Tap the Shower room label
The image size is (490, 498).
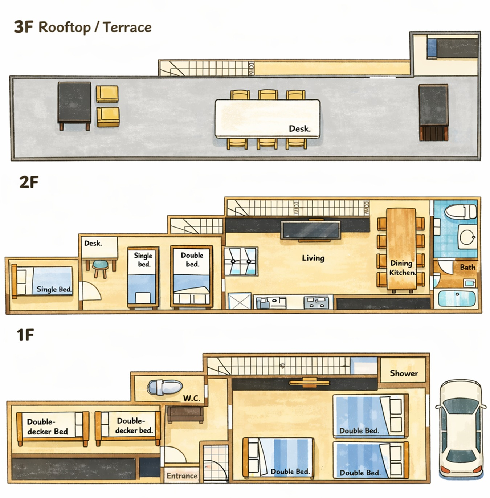point(404,373)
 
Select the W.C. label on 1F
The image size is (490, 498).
point(192,398)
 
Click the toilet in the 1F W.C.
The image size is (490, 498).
point(165,387)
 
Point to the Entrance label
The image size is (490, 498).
point(182,476)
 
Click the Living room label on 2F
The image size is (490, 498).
point(313,258)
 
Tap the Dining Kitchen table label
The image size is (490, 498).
point(402,268)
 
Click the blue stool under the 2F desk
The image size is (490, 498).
point(100,269)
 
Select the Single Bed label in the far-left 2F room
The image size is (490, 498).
point(54,289)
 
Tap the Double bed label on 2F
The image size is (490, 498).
point(192,260)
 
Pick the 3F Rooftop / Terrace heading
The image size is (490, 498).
point(83,27)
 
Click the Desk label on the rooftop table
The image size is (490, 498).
point(299,128)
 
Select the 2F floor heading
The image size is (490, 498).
point(29,183)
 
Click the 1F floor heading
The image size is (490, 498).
point(25,335)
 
